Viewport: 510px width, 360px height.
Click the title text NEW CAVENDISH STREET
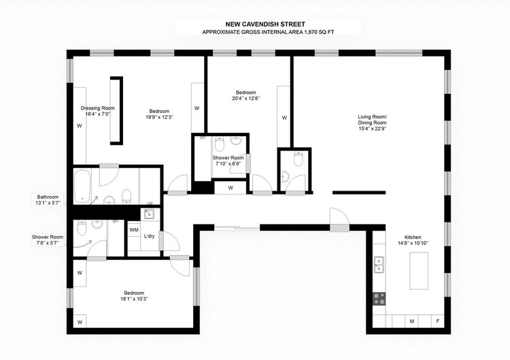pos(254,22)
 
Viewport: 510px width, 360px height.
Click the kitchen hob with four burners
pos(379,299)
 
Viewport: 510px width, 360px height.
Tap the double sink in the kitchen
pos(379,263)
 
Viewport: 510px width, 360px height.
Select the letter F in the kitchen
pos(438,321)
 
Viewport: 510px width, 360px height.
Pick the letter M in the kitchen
pos(411,321)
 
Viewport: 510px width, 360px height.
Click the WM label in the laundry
pos(134,230)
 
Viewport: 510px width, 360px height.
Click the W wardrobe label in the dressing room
pos(80,125)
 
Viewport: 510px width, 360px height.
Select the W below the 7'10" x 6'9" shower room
pos(231,187)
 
